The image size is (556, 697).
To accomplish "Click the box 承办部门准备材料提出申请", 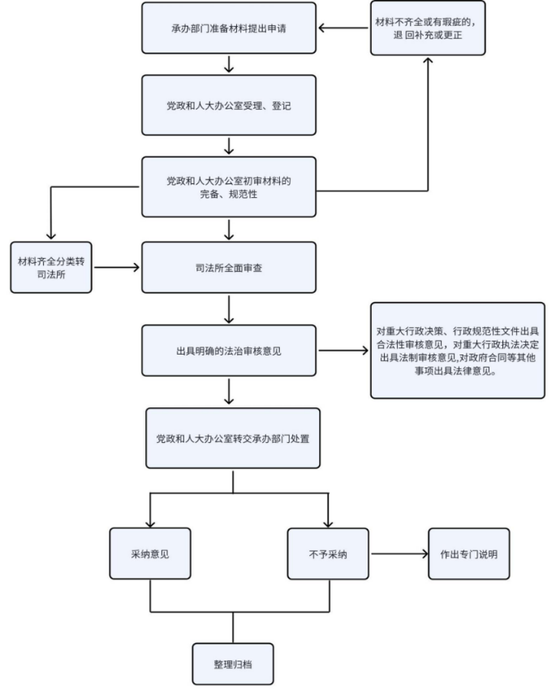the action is click(229, 28).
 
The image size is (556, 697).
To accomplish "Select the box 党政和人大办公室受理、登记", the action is click(229, 105).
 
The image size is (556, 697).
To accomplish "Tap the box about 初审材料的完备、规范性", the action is click(229, 187).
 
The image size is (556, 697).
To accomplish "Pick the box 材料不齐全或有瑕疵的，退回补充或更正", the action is click(428, 28).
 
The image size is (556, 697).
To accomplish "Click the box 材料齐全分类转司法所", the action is click(51, 268).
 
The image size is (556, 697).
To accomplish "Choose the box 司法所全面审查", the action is click(229, 268).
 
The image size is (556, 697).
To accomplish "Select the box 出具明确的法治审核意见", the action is click(229, 351).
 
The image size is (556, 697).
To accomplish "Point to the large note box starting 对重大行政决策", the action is click(458, 351).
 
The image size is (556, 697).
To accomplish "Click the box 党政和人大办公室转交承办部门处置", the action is click(233, 438).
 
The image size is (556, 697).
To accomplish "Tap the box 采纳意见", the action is click(150, 554).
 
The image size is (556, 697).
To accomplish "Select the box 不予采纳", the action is click(328, 554).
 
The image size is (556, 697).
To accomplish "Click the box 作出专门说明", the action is click(469, 554).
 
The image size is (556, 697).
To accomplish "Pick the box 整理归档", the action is click(233, 664).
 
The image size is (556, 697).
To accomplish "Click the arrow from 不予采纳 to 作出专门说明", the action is click(399, 554).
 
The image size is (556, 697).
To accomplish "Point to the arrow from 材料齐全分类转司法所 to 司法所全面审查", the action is click(117, 268).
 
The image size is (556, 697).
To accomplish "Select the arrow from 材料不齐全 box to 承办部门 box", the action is click(343, 28).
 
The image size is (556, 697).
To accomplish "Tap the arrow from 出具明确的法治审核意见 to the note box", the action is click(343, 351).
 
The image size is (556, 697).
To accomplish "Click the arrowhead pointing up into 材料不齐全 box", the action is click(428, 62).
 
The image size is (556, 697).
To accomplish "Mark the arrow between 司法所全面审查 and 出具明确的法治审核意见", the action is click(229, 309).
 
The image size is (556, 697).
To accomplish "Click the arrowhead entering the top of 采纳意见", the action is click(150, 523).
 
